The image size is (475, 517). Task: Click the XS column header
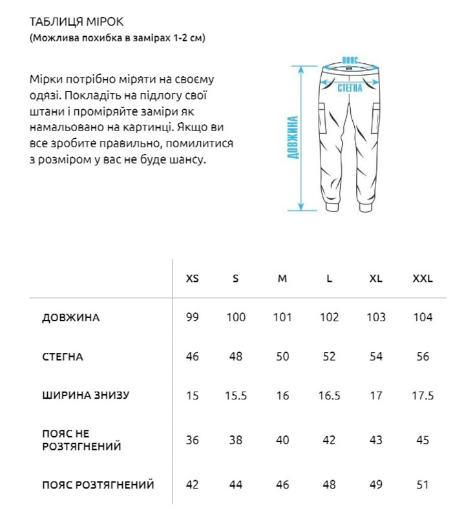point(192,279)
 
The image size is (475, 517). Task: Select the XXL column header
point(422,279)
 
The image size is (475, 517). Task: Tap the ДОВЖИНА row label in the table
point(70,318)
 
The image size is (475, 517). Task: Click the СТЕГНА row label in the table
point(62,357)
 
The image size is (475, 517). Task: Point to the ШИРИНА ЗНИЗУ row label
point(85,396)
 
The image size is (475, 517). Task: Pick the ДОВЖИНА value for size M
point(282,318)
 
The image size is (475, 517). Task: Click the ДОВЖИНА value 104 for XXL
point(422,318)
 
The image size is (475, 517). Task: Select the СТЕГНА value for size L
point(329,357)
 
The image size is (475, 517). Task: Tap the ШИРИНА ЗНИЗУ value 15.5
point(236,396)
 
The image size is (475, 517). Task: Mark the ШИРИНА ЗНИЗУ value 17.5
point(422,396)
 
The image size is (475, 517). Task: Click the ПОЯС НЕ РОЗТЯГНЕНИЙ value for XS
point(192,440)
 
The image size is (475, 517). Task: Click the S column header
point(236,279)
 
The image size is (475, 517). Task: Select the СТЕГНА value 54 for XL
point(375,357)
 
